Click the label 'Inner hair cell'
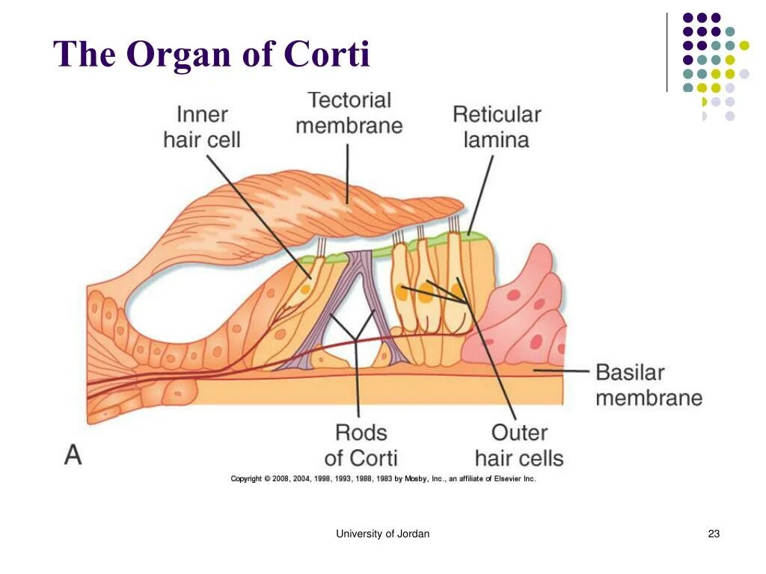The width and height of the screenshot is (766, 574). (x=202, y=127)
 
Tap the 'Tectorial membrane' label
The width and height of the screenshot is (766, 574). (x=349, y=112)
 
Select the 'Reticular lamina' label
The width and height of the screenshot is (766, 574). (x=496, y=127)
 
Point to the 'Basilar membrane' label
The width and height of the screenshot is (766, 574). (x=649, y=385)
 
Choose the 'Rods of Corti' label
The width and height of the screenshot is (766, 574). (x=361, y=445)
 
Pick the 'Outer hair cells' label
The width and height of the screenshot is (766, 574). (x=519, y=445)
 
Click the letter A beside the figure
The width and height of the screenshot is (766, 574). (x=73, y=455)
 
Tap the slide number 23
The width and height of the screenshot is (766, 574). (x=713, y=534)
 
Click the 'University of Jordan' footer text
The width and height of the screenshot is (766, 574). (x=382, y=534)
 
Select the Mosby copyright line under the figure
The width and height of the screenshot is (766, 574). (x=383, y=478)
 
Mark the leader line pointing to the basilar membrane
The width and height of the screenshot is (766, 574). (x=561, y=370)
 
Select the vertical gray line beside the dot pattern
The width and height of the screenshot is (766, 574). (x=667, y=52)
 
